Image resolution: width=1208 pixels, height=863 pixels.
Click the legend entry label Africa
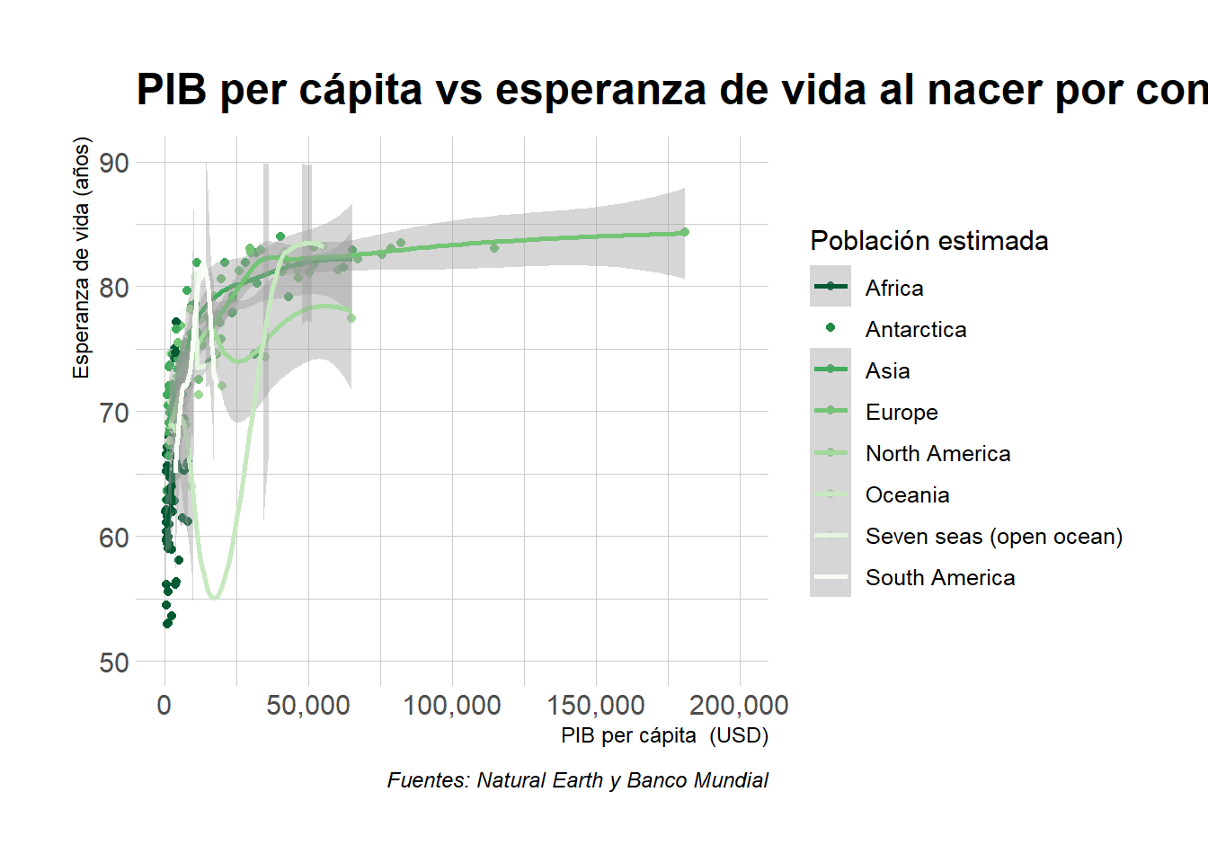[894, 289]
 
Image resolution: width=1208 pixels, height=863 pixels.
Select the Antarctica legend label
[916, 330]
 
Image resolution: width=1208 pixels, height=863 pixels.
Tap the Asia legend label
[887, 371]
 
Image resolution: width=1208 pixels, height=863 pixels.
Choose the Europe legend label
[902, 413]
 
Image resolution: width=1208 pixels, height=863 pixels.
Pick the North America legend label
[937, 454]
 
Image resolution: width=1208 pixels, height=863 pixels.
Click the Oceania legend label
[907, 495]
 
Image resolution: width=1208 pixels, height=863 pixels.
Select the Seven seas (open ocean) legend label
[993, 537]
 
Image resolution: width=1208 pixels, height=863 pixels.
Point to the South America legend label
[940, 578]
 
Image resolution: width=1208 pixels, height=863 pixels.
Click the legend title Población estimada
[928, 241]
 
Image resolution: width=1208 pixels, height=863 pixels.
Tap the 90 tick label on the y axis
[114, 164]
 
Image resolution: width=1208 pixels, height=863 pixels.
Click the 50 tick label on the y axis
[114, 663]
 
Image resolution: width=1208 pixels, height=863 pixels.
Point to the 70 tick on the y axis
[114, 414]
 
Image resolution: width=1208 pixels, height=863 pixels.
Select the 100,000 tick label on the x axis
[452, 706]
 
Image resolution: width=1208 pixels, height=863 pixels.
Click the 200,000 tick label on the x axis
[740, 706]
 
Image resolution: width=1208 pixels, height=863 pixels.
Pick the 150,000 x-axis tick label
[596, 706]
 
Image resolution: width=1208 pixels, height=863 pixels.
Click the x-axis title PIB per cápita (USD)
[664, 735]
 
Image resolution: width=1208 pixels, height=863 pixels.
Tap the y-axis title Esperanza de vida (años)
[82, 258]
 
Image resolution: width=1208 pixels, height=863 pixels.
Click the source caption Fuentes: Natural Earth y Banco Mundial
[577, 780]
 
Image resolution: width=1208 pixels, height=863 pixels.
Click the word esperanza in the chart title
[600, 91]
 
